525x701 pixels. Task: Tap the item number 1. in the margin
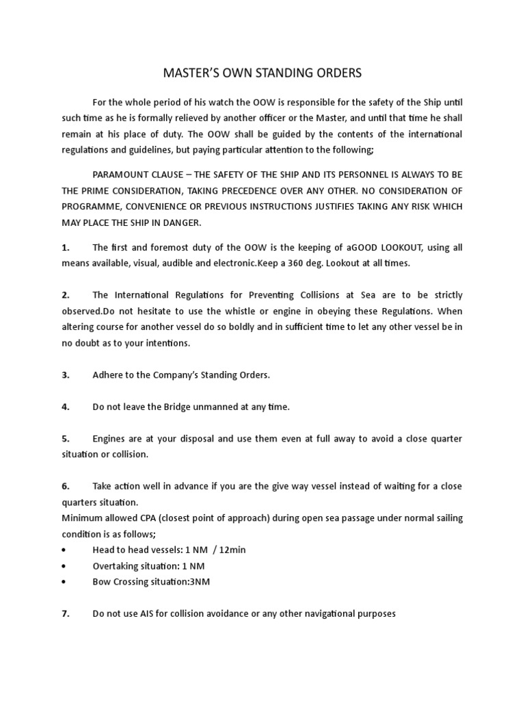[x=66, y=247]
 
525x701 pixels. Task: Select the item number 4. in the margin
[x=66, y=407]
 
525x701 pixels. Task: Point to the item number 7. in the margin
[x=66, y=613]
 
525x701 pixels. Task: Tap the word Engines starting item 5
[x=109, y=438]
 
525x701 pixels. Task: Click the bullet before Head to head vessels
[x=64, y=550]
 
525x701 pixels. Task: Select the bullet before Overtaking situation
[x=64, y=565]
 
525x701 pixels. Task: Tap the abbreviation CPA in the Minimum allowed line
[x=139, y=518]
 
